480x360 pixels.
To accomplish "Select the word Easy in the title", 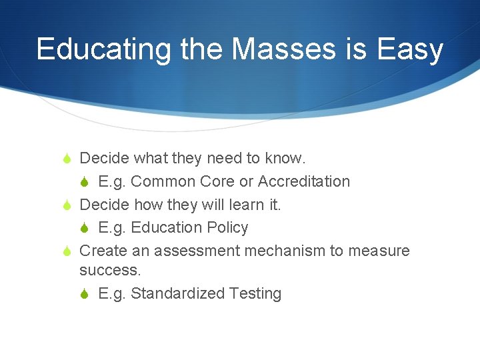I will (x=410, y=49).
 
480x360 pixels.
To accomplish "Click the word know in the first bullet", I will (x=284, y=158).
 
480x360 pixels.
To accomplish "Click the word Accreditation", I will (x=303, y=181).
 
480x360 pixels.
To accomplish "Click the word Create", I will (x=101, y=251).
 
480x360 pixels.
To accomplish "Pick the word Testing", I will (x=255, y=293).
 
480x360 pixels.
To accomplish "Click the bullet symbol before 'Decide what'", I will (x=66, y=159).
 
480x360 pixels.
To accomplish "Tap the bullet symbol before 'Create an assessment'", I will (x=66, y=251).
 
